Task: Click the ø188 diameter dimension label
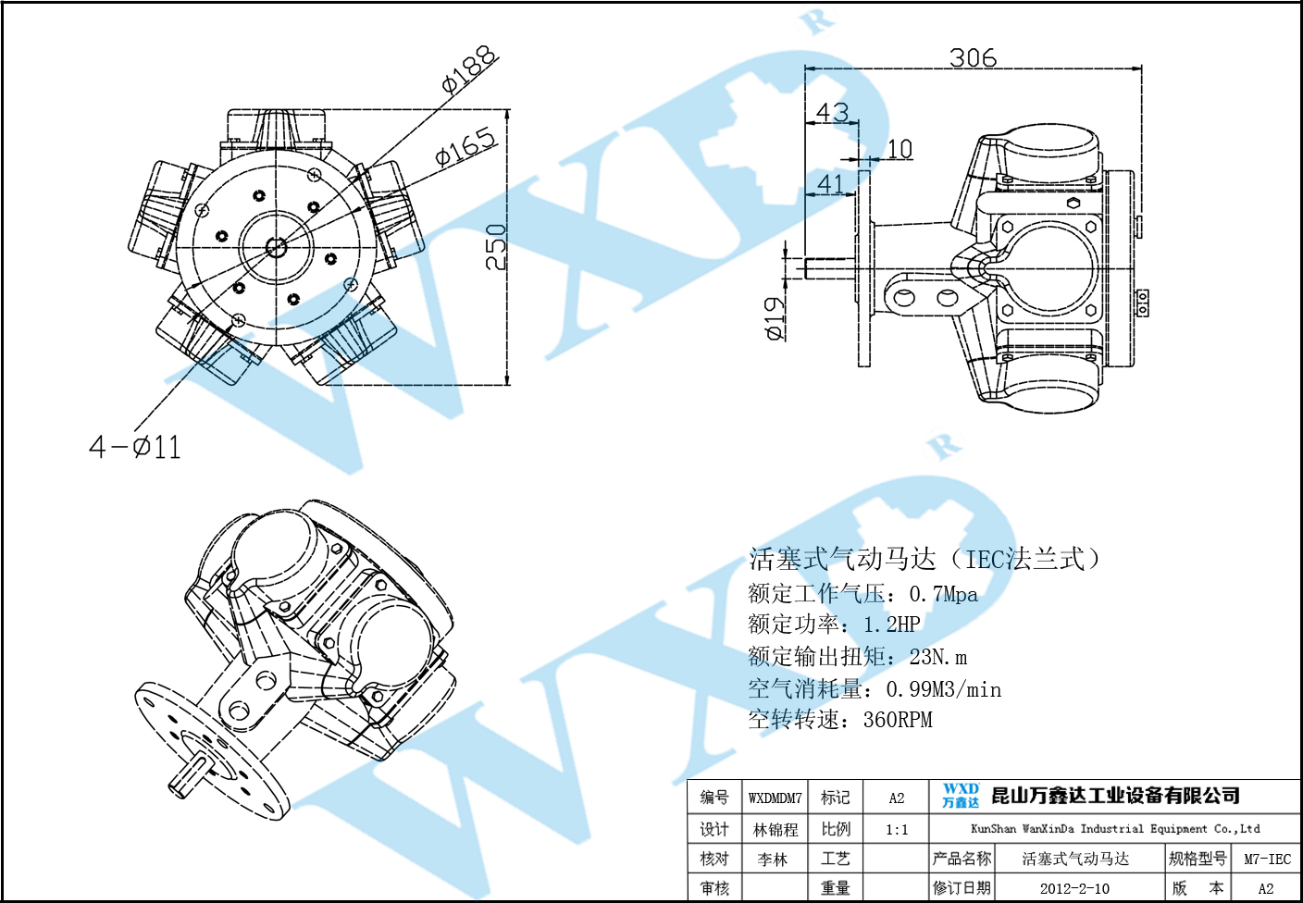(470, 70)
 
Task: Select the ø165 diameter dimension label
(466, 147)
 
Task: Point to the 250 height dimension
(497, 246)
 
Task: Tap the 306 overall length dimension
(973, 58)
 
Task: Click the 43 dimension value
(832, 113)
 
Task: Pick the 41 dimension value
(830, 184)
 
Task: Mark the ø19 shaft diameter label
(775, 317)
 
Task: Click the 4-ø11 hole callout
(135, 448)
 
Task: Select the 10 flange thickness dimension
(900, 149)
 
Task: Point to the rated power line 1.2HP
(834, 625)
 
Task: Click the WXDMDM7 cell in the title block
(775, 798)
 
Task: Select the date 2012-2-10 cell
(1074, 888)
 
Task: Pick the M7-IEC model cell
(1267, 860)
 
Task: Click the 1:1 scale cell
(896, 830)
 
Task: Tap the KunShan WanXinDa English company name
(1114, 829)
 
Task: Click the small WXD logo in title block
(961, 796)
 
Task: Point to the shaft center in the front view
(276, 247)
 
